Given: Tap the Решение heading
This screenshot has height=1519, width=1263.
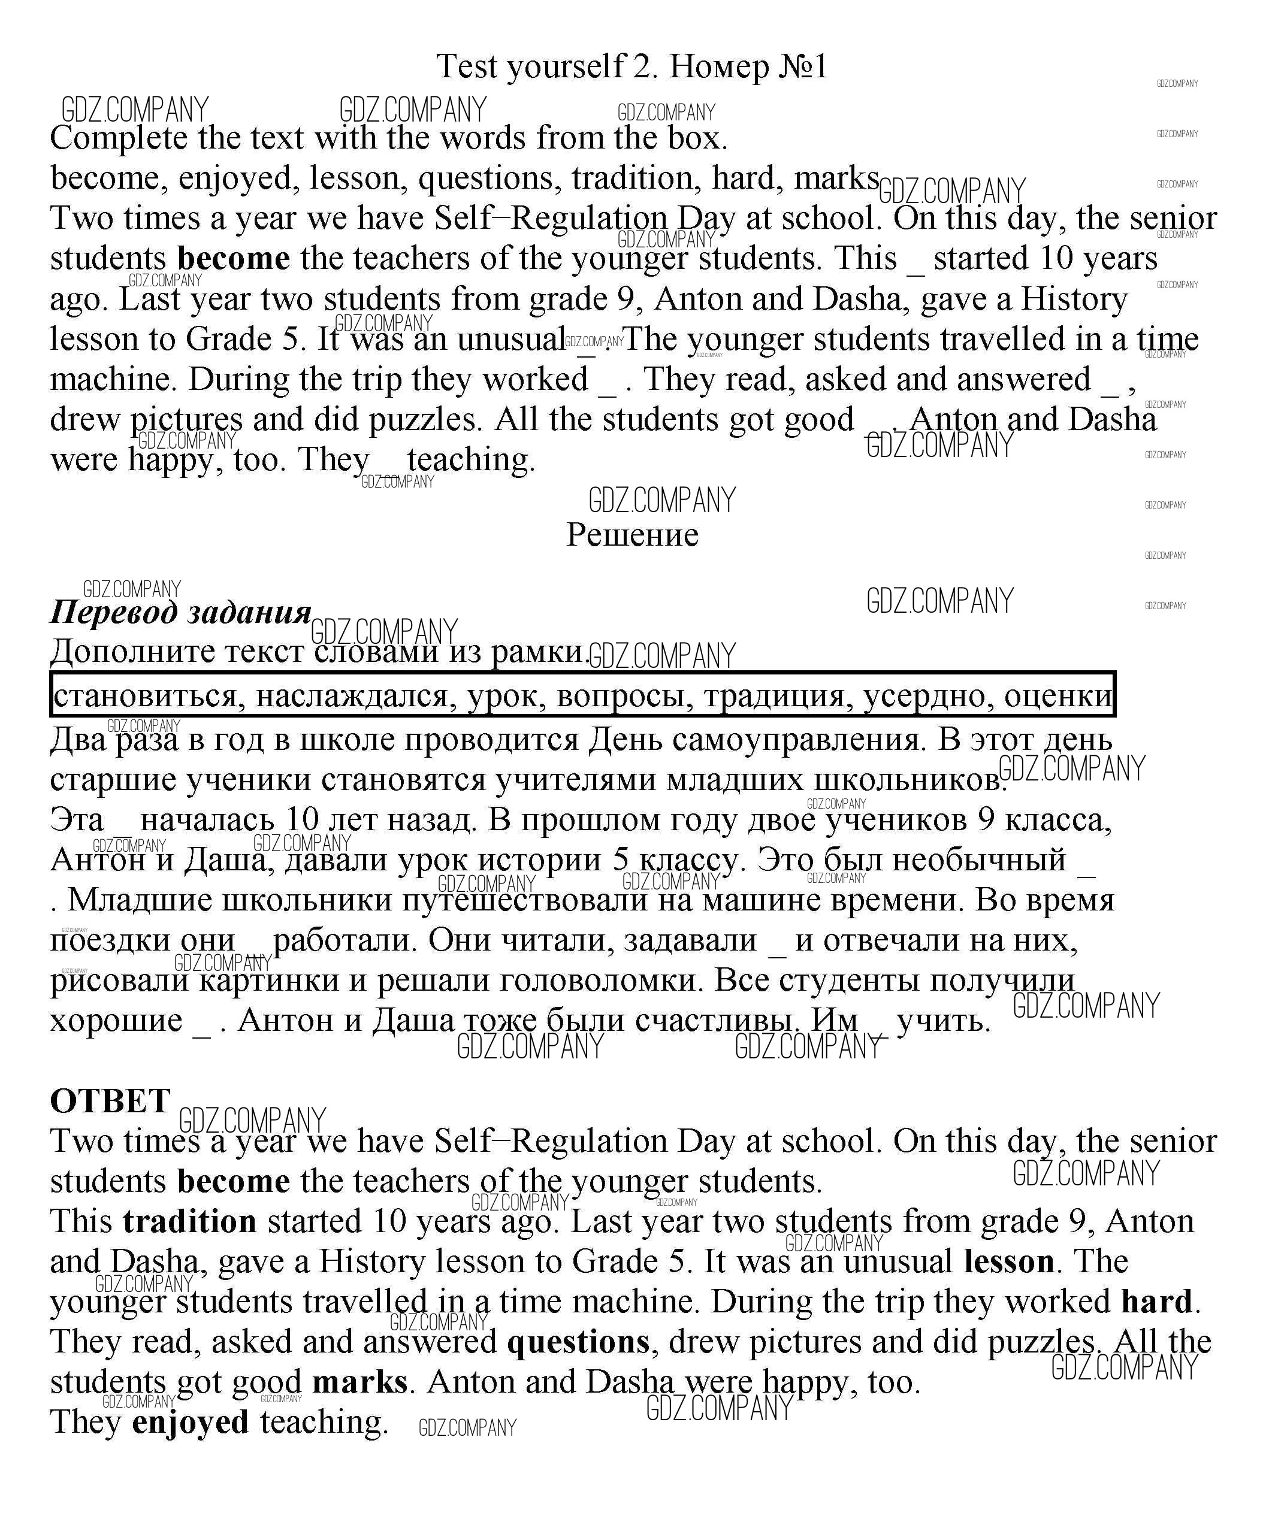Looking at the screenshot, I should click(632, 536).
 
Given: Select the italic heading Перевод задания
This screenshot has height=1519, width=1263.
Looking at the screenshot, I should click(180, 613).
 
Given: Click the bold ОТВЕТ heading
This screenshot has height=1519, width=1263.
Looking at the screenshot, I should click(110, 1102).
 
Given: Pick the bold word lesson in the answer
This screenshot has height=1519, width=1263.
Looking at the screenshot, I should click(1009, 1261).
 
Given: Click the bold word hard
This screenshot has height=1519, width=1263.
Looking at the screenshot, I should click(1156, 1302).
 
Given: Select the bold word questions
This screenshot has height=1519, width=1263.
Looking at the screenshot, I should click(578, 1342).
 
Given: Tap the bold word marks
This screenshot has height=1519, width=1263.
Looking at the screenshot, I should click(359, 1382).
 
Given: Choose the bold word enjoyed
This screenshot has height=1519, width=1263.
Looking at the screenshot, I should click(191, 1422).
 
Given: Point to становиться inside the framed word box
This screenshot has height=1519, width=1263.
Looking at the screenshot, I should click(144, 696).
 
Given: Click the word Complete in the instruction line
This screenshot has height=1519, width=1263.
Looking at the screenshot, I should click(119, 138).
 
